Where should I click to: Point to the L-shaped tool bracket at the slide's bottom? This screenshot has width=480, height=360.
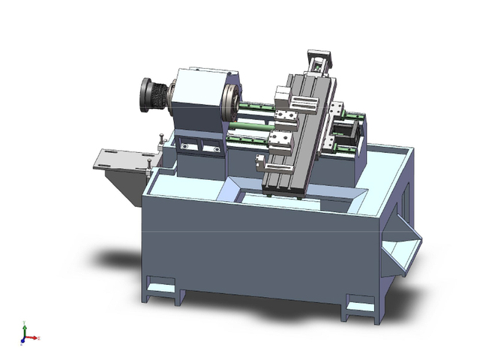(260, 162)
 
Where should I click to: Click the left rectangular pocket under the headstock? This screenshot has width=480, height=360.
(187, 147)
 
